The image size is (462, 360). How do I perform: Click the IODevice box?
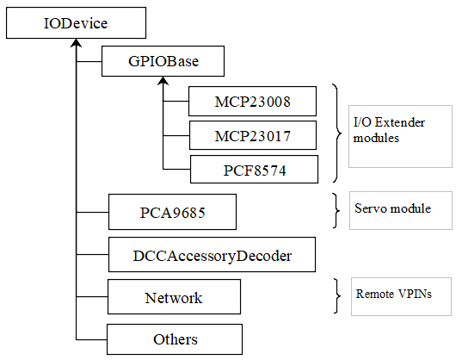76,22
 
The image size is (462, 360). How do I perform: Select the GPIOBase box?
163,61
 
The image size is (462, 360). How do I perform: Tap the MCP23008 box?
253,101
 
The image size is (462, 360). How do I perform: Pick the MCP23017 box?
253,135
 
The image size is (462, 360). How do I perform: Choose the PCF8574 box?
255,170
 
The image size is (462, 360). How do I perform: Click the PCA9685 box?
172,212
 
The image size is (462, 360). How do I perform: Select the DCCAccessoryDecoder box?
213,254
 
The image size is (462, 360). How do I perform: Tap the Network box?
174,296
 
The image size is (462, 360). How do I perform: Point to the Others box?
175,339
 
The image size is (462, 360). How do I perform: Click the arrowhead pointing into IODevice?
77,43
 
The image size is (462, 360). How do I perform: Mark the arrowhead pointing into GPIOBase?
163,81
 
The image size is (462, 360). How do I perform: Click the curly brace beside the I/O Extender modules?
337,133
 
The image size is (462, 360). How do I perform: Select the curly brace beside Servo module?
336,210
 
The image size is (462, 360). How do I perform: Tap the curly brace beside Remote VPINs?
337,295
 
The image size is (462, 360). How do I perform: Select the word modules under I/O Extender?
376,138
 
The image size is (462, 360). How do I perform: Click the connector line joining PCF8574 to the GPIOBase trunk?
176,170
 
